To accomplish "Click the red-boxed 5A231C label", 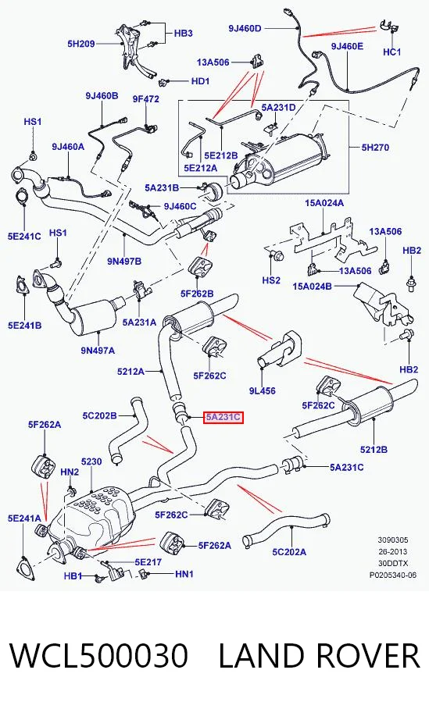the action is (x=223, y=417).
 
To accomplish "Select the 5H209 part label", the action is (x=81, y=44).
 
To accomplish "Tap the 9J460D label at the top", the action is (x=245, y=28).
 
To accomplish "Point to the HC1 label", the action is (x=392, y=52).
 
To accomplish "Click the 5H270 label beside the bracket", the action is (x=375, y=147).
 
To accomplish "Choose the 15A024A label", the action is (x=324, y=203).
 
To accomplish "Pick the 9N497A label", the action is (x=98, y=350).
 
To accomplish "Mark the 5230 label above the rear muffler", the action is (x=91, y=461).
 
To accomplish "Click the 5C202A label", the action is (x=289, y=551).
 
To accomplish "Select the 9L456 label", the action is (x=262, y=390).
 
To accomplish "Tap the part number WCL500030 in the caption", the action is (x=98, y=656).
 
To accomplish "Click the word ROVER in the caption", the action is (x=364, y=656).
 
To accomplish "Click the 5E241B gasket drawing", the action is (x=22, y=285).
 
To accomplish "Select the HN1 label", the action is (x=184, y=574).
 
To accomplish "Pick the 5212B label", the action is (x=374, y=450).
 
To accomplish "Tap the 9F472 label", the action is (x=145, y=98).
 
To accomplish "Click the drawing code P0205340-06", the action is (x=393, y=575).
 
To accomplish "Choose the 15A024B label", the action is (x=313, y=287).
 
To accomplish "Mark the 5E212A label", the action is (x=201, y=168).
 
